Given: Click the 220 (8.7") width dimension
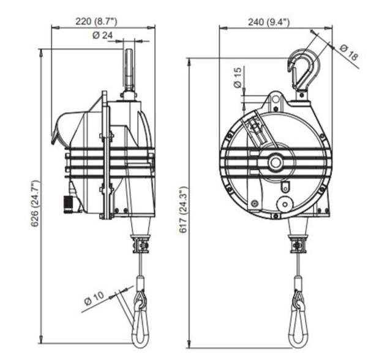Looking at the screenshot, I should click(x=96, y=21).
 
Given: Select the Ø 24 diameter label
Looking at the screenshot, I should click(x=102, y=35).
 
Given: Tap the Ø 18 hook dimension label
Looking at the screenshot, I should click(x=348, y=52).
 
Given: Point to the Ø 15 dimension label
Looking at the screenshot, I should click(x=238, y=78).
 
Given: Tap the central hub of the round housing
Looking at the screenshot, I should click(x=274, y=162).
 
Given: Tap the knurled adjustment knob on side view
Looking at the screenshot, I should click(x=72, y=203).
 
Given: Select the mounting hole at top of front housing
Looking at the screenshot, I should click(x=274, y=98).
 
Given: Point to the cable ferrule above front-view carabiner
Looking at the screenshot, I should click(x=298, y=284).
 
